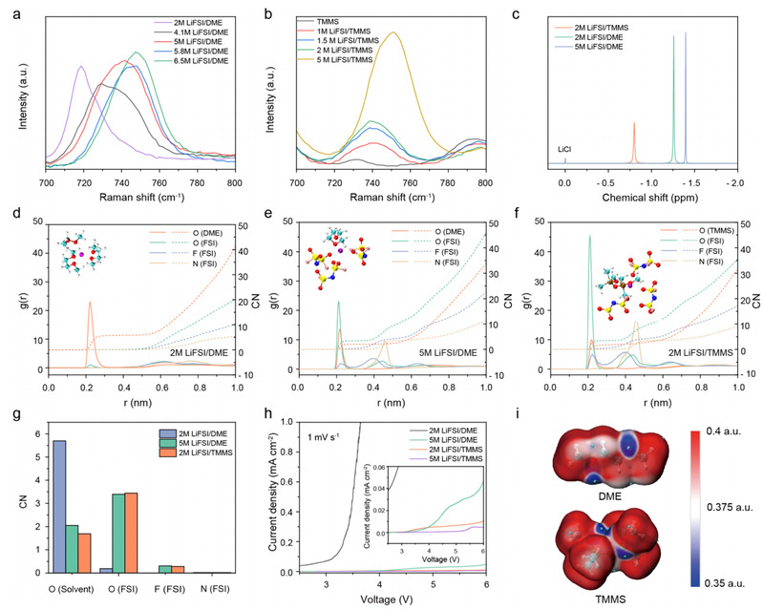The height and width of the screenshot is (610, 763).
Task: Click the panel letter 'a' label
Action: pyautogui.click(x=9, y=10)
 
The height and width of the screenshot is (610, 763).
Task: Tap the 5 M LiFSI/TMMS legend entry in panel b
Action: pyautogui.click(x=361, y=59)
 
